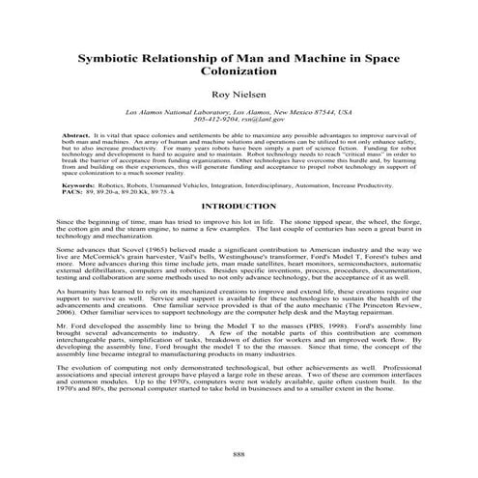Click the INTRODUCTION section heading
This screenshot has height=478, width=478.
[x=239, y=207]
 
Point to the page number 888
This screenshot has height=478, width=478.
[x=239, y=453]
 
